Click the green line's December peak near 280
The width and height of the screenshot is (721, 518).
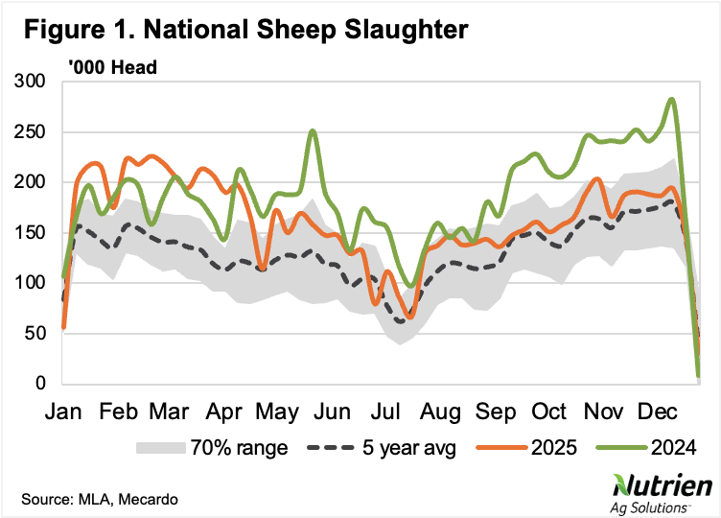tap(671, 99)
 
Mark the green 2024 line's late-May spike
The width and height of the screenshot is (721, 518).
tap(313, 131)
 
